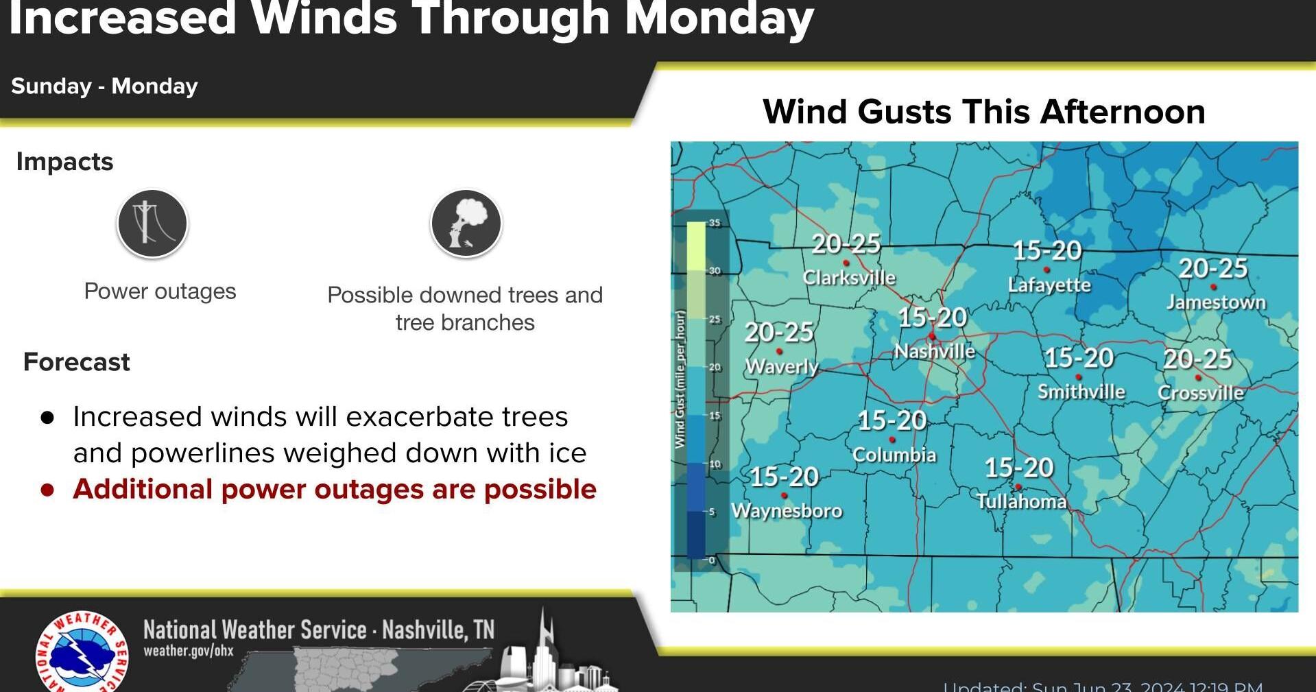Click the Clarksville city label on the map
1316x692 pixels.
(x=849, y=278)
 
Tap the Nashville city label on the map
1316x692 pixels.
(x=935, y=352)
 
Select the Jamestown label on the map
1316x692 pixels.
(x=1216, y=302)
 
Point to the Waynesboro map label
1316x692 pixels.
(x=787, y=511)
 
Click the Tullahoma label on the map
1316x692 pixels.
(x=1021, y=502)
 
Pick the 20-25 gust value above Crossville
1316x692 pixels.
(x=1197, y=359)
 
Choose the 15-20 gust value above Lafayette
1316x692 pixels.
(x=1047, y=250)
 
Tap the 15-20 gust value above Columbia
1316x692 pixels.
(x=892, y=420)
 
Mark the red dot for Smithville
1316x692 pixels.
(x=1079, y=377)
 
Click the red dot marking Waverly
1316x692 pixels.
(x=779, y=352)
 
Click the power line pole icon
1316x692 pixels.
(x=152, y=224)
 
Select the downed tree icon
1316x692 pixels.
(x=466, y=224)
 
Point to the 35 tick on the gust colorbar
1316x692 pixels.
(x=715, y=223)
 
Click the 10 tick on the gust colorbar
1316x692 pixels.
(x=715, y=464)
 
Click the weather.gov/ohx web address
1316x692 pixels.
(x=189, y=651)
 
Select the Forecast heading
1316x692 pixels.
(x=77, y=362)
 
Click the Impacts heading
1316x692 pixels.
(x=64, y=162)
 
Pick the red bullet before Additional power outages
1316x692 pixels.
(x=47, y=490)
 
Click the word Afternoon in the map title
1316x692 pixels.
(x=1122, y=112)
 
